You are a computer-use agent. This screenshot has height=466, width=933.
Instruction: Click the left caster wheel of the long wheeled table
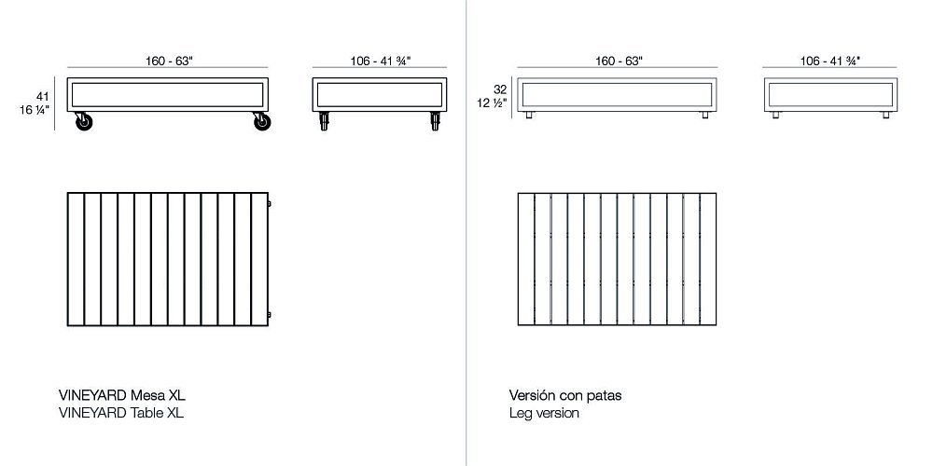[x=84, y=121]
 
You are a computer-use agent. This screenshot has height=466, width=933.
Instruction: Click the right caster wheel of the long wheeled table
[x=262, y=121]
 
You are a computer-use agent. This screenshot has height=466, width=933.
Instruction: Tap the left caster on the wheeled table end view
[x=324, y=121]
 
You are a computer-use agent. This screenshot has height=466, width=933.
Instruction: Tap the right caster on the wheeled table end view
[x=435, y=121]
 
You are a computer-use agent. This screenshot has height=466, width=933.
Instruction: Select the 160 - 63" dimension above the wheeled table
[x=169, y=61]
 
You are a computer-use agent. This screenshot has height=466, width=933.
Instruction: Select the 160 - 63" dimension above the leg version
[x=619, y=61]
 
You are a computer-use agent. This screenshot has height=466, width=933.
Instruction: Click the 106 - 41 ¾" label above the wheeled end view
[x=381, y=61]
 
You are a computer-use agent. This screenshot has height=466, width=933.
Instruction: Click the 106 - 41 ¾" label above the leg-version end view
[x=830, y=61]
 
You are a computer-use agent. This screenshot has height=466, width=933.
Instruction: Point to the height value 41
[x=42, y=96]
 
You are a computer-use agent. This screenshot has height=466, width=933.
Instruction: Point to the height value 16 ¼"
[x=35, y=109]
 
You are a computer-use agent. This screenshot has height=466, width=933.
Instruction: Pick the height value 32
[x=500, y=89]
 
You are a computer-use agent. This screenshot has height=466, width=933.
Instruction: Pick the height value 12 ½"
[x=492, y=103]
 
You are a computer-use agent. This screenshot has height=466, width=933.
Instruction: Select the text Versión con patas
[x=564, y=395]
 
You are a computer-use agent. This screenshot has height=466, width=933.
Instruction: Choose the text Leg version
[x=544, y=413]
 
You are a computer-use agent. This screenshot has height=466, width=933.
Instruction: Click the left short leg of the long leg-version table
[x=528, y=115]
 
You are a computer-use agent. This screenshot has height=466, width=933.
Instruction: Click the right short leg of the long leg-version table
[x=705, y=115]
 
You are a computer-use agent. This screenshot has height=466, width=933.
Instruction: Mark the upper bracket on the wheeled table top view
[x=270, y=204]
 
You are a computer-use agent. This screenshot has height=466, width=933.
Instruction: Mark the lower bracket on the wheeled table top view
[x=270, y=314]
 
